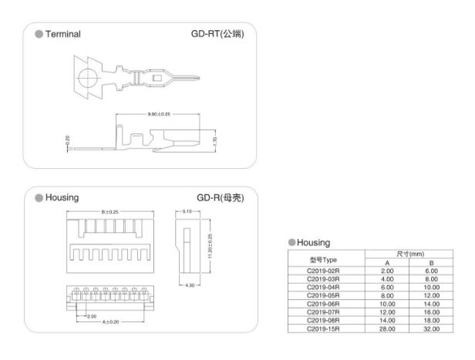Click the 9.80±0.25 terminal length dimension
pos(159,114)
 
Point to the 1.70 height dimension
pos(215,140)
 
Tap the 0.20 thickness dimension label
pos(67,140)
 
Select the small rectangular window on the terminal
pos(157,78)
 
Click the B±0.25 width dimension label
pos(109,212)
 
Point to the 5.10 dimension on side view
pos(187,211)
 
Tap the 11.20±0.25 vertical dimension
pos(211,246)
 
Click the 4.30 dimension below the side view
pos(190,285)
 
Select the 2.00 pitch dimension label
pos(92,316)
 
